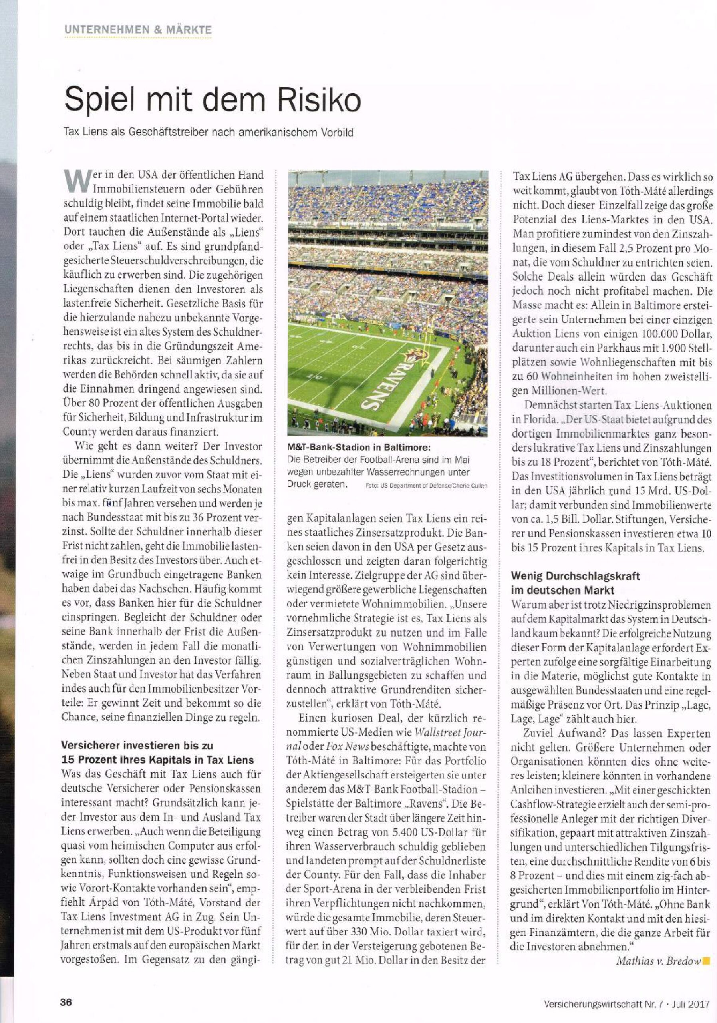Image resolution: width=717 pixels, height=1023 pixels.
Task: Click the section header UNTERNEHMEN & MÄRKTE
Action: click(x=138, y=30)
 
